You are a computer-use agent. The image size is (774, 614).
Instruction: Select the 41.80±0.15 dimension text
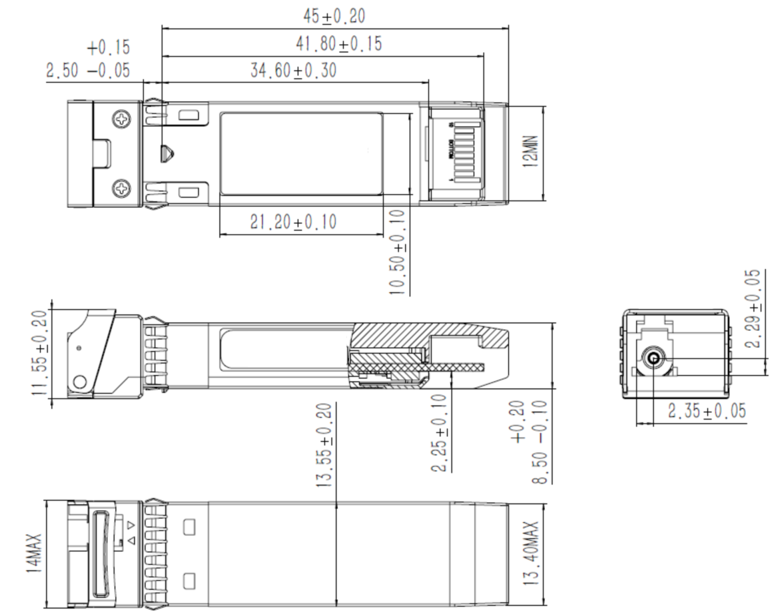[338, 44]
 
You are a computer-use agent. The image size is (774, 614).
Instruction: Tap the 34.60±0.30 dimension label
[293, 71]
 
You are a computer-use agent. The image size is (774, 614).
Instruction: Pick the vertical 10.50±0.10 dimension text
[398, 252]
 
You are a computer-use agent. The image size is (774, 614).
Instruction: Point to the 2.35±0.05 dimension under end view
[707, 412]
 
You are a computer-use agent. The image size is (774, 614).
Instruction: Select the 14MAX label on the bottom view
[35, 553]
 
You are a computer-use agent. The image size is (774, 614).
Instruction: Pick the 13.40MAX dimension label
[531, 553]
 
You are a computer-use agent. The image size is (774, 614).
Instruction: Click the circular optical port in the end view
[653, 361]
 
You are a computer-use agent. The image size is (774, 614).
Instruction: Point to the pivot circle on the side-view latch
[80, 382]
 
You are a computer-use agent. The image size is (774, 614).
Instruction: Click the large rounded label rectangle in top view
[301, 153]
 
